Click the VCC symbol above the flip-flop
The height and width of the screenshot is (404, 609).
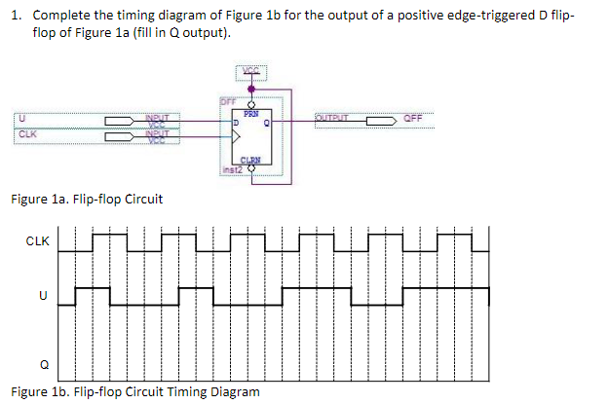point(250,70)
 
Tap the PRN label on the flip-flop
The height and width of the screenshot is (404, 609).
point(250,113)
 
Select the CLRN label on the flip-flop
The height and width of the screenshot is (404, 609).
point(250,161)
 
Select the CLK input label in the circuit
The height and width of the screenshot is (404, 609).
point(24,135)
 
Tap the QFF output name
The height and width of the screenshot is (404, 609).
point(415,121)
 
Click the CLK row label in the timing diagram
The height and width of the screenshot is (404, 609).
point(38,239)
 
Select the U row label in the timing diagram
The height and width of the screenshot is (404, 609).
point(42,295)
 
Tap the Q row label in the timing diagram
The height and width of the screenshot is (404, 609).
point(42,365)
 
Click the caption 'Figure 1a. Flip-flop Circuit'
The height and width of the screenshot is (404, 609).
point(86,200)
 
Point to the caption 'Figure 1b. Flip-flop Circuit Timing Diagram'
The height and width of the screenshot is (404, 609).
point(134,391)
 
